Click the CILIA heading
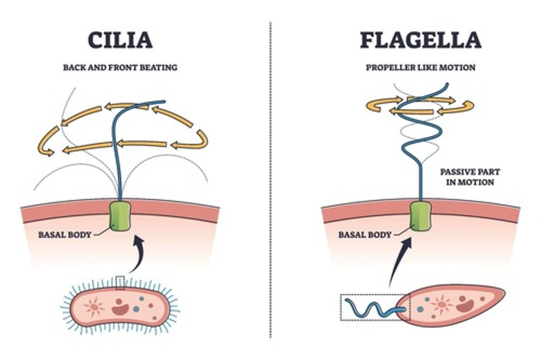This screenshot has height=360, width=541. coord(120,40)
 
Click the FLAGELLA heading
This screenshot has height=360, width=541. coord(420,40)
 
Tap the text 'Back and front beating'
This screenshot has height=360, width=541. coord(120,68)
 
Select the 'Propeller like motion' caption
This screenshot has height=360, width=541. coord(420,68)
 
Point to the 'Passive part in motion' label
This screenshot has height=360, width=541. coord(470,177)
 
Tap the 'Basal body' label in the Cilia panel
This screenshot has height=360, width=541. coord(65,235)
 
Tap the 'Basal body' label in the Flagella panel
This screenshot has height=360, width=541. coord(365,235)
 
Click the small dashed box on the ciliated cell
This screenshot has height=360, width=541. coord(120,283)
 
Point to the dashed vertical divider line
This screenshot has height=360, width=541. coord(270,180)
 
